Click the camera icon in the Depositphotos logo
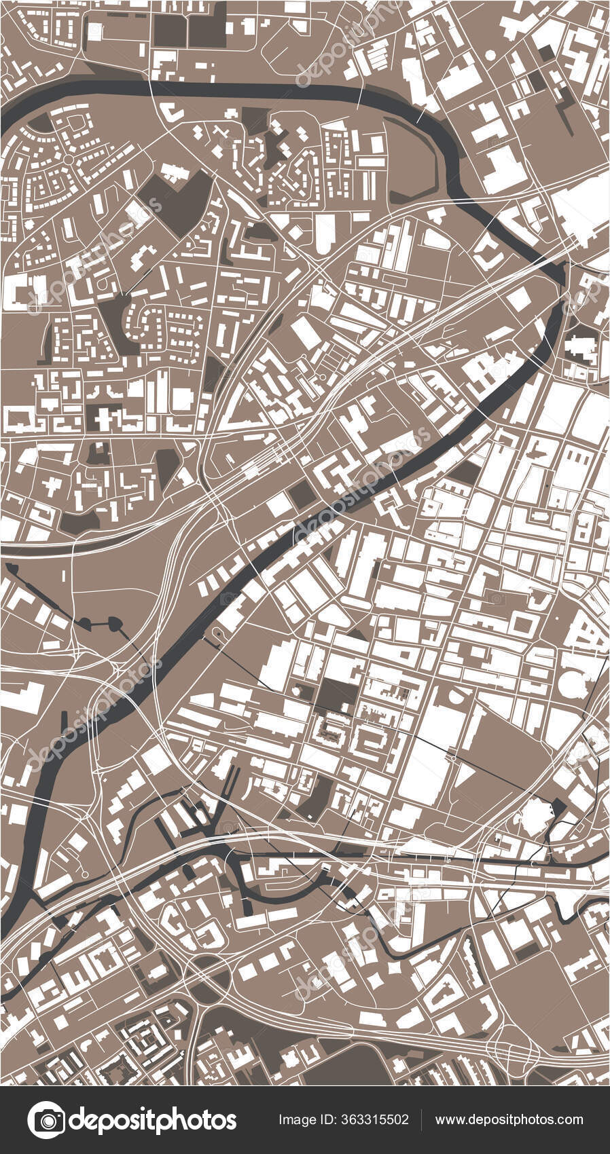click(x=46, y=1119)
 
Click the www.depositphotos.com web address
click(x=509, y=1119)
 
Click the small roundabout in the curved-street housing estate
click(x=69, y=160)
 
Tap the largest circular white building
click(x=573, y=685)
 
